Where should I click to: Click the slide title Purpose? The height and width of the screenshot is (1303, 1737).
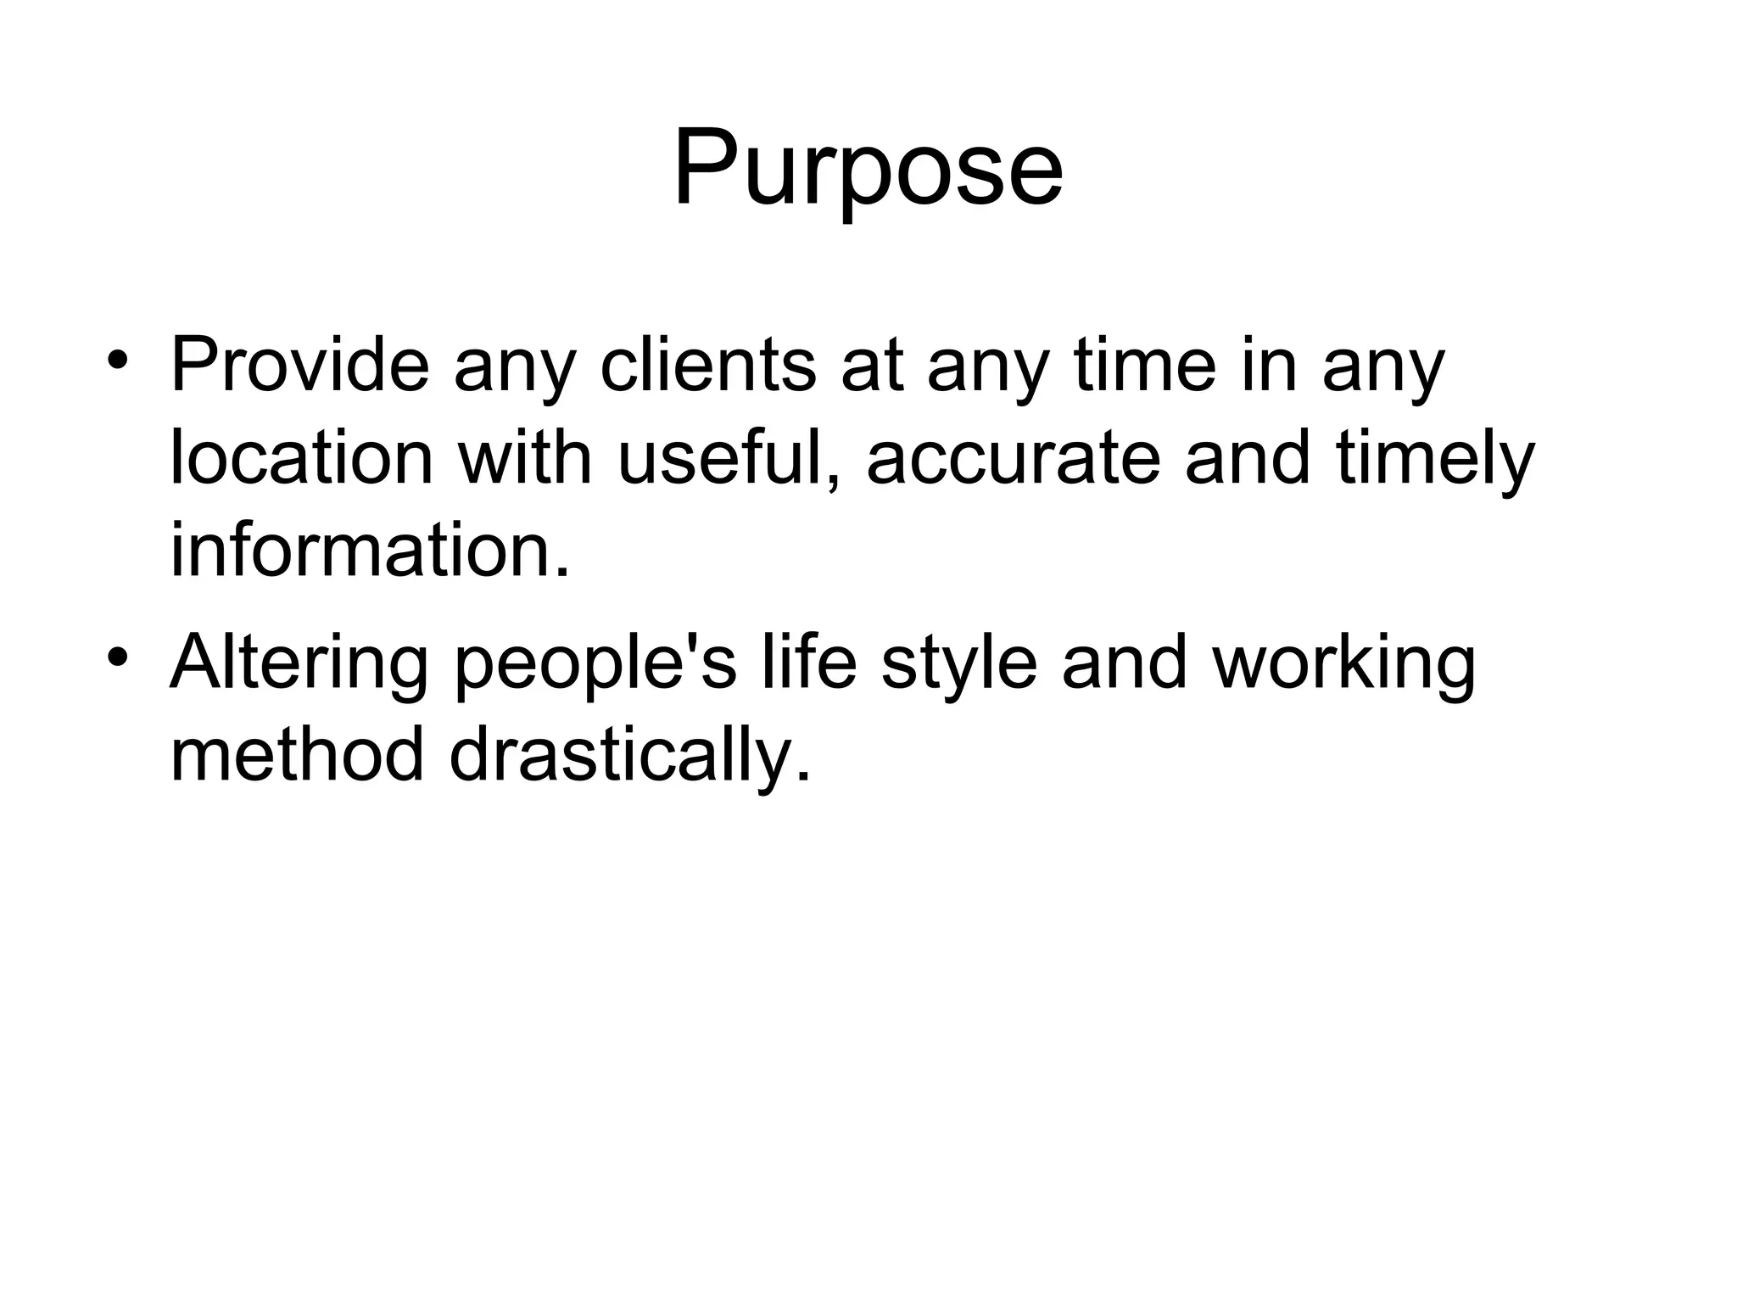pos(868,167)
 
